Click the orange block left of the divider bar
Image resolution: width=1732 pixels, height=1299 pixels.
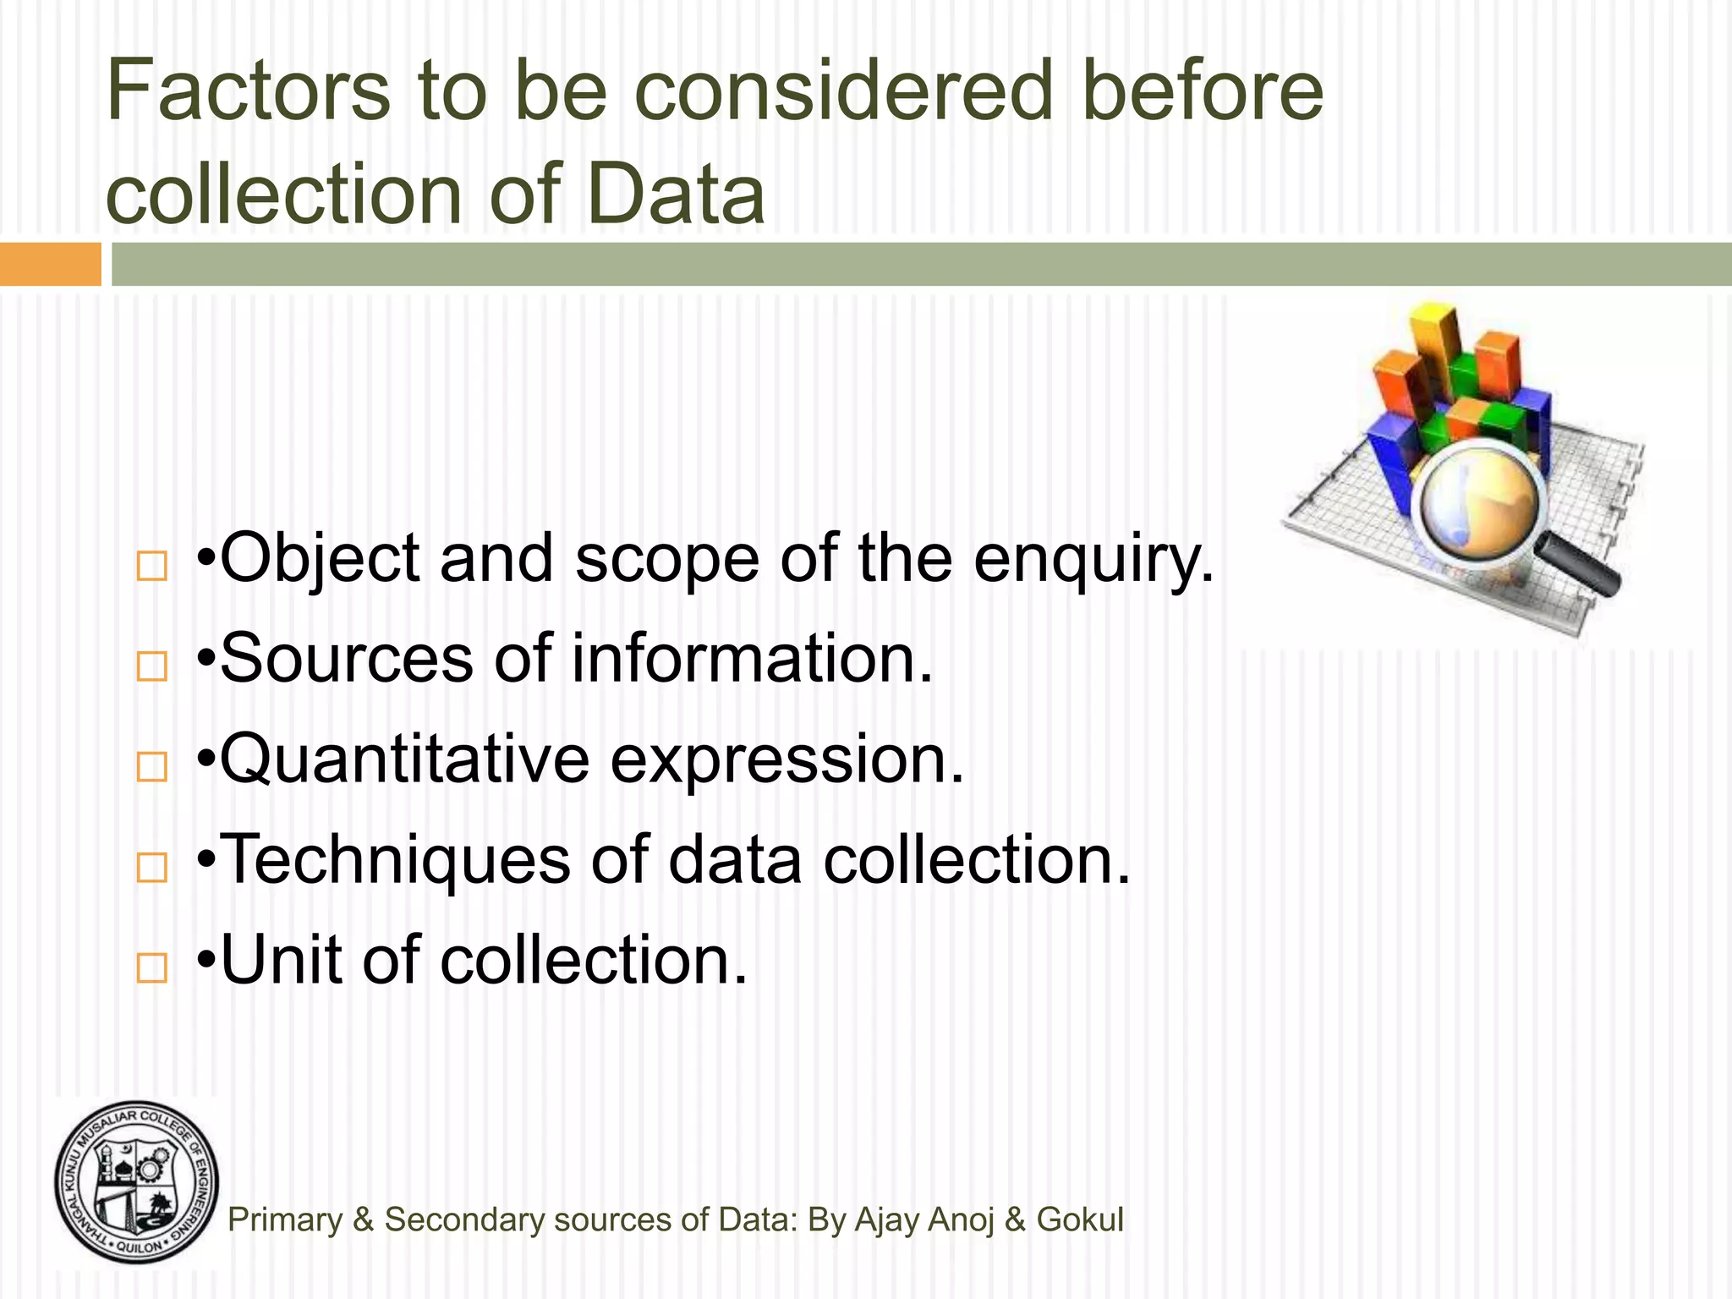[x=50, y=265]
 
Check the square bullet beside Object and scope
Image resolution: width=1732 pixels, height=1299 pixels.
[x=152, y=566]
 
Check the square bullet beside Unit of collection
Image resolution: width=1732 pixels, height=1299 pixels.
[x=152, y=967]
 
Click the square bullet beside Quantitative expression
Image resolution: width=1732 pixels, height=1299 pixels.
[x=152, y=766]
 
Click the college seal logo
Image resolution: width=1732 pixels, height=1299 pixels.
[x=137, y=1182]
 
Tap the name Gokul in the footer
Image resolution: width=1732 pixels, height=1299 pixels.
[x=1080, y=1220]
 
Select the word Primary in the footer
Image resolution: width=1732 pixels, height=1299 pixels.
[x=285, y=1220]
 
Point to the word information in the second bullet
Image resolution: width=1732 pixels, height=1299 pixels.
[x=752, y=659]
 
